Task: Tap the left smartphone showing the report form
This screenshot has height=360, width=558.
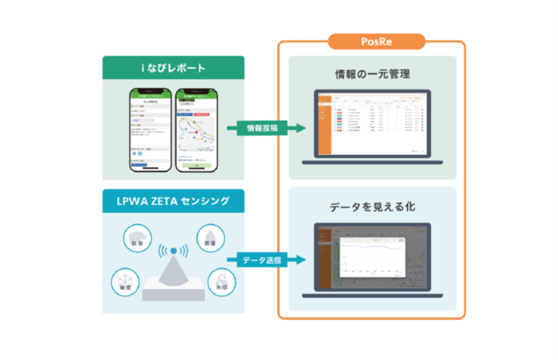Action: click(150, 130)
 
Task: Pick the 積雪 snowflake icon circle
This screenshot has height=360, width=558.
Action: click(123, 282)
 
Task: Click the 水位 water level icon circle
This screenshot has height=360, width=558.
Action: click(221, 280)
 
